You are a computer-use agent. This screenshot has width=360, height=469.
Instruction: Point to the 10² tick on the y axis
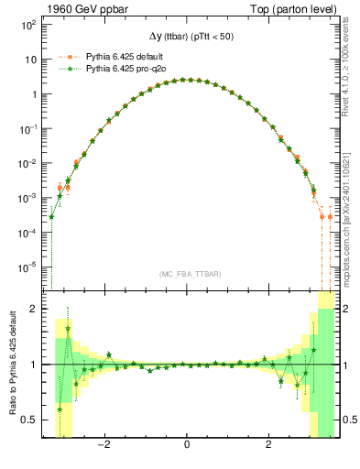click(x=27, y=25)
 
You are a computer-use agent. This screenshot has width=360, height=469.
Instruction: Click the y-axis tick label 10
click(x=29, y=60)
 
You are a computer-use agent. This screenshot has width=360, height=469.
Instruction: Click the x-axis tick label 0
click(x=187, y=446)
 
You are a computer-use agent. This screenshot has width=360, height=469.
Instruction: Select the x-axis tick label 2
click(x=268, y=446)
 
